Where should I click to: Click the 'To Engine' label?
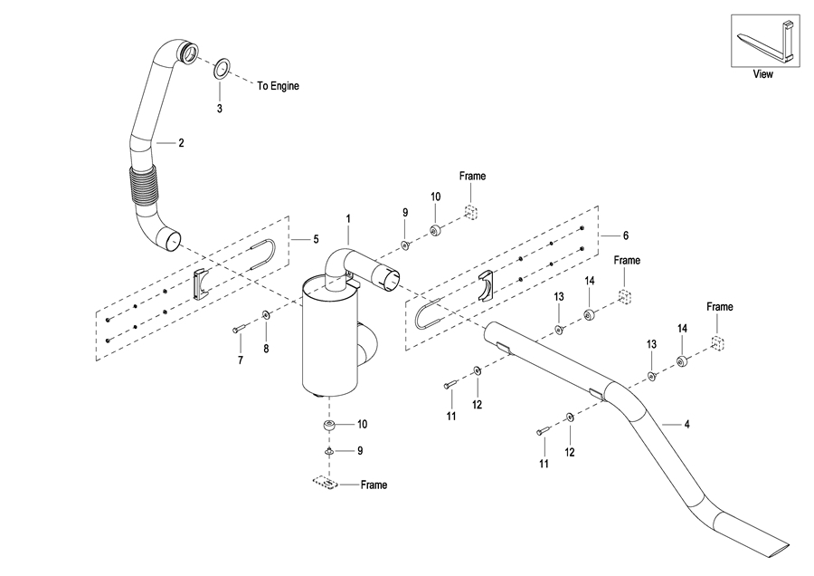(279, 86)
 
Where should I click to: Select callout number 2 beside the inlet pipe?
(181, 143)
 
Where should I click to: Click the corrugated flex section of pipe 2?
(142, 186)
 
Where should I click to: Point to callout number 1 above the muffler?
(348, 219)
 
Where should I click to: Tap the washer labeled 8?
(266, 315)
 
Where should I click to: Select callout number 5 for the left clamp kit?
(316, 240)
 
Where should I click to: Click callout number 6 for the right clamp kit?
(626, 235)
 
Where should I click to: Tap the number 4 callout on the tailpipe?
(686, 425)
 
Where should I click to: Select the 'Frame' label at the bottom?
(374, 485)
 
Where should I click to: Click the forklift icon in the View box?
(766, 41)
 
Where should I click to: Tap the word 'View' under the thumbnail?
(763, 74)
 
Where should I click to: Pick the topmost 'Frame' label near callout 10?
(472, 177)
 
